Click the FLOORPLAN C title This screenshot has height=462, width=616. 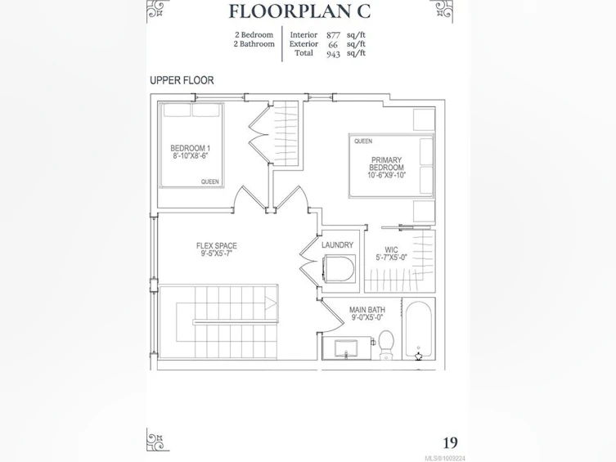tap(299, 11)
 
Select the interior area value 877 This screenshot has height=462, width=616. tap(333, 35)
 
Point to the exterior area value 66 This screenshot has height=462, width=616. tap(333, 45)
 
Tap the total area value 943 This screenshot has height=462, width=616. tap(333, 54)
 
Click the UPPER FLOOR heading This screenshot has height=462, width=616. tap(182, 80)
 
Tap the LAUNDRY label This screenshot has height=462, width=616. tap(338, 245)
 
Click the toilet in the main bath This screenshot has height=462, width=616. tap(386, 344)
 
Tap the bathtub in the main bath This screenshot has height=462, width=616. tap(418, 330)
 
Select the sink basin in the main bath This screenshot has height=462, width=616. tap(346, 348)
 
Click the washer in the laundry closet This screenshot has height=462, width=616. tap(339, 268)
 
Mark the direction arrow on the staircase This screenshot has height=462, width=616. tap(271, 303)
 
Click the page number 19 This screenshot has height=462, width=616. tap(450, 442)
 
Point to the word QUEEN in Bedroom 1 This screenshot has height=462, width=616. tap(209, 182)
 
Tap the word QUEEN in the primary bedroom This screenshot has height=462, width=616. tap(363, 141)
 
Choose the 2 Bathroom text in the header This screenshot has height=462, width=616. tap(254, 44)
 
